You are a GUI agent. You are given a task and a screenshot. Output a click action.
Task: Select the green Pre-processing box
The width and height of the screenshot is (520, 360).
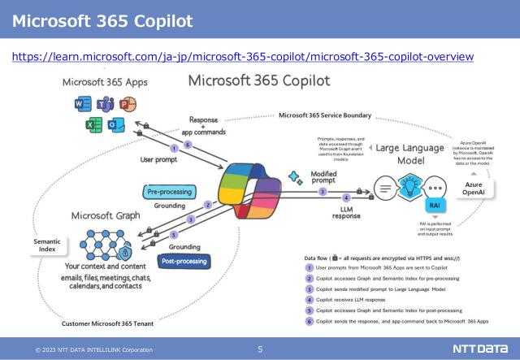(x=169, y=192)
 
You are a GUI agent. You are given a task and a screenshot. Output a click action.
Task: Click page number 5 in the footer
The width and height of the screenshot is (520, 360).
(x=260, y=349)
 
